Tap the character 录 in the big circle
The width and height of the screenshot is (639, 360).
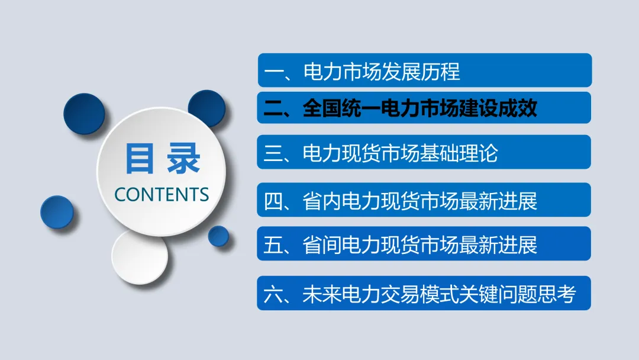(183, 158)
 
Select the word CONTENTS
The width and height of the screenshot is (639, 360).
(162, 194)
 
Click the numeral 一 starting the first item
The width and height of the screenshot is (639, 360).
(274, 72)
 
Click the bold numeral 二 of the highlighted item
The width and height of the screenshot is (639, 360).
(274, 108)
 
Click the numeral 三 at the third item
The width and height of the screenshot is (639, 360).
(274, 154)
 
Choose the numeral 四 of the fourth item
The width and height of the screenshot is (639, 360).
(274, 201)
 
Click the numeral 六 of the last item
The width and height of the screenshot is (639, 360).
(274, 294)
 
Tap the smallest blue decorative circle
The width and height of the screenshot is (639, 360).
(218, 236)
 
